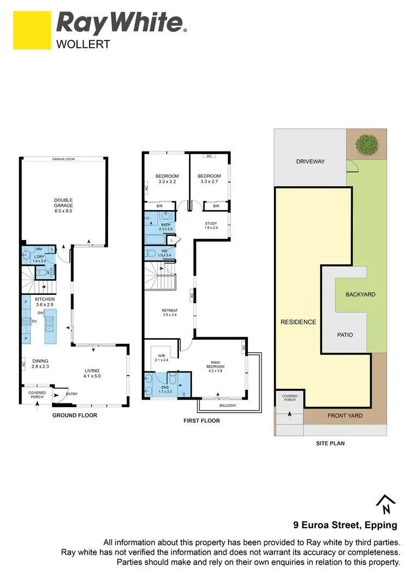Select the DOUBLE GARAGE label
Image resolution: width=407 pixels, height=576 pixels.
point(63,205)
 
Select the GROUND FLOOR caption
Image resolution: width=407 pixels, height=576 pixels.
point(75,415)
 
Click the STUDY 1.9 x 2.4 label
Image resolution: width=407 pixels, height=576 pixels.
point(211,225)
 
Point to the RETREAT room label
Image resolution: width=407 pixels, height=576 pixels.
point(169,312)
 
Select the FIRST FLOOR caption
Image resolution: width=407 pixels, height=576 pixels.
point(201,421)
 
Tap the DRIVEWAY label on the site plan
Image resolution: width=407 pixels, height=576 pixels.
point(310,161)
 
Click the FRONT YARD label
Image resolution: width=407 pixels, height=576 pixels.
point(345,416)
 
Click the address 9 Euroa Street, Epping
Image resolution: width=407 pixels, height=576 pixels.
point(345,525)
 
